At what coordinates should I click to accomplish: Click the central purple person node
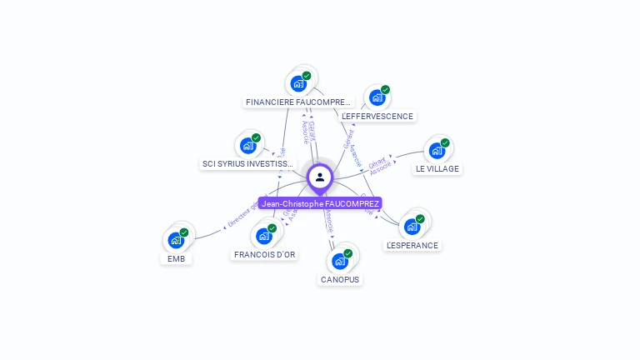tap(320, 177)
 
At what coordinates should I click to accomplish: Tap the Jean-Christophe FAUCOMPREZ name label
tap(320, 203)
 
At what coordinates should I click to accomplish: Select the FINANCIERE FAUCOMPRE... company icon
tap(297, 83)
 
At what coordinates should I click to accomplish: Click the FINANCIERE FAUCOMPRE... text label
tap(298, 102)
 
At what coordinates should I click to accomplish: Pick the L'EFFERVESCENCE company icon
tap(377, 97)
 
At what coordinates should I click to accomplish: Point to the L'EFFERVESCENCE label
tap(377, 116)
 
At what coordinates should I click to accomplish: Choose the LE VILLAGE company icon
tap(437, 151)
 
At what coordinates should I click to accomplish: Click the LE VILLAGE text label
tap(437, 168)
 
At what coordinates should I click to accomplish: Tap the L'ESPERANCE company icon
tap(412, 227)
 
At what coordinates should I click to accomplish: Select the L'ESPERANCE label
tap(412, 245)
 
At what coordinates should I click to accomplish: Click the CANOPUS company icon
tap(340, 261)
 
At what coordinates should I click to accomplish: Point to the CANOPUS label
tap(340, 279)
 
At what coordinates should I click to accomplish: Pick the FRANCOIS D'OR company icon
tap(264, 236)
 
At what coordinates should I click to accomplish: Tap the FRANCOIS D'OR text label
tap(265, 254)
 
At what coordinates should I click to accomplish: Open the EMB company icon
tap(176, 240)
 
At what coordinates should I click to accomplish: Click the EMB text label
tap(176, 258)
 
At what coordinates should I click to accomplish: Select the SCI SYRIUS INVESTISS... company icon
tap(247, 146)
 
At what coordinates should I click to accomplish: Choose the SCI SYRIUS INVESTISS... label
tap(248, 163)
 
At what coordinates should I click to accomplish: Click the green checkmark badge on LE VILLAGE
tap(445, 142)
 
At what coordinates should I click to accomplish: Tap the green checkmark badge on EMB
tap(184, 232)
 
